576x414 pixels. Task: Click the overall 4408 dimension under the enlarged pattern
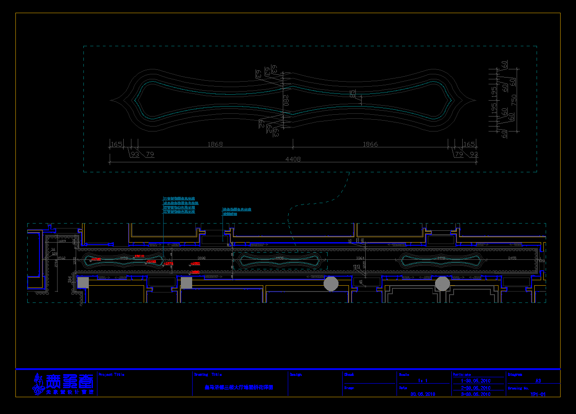point(293,159)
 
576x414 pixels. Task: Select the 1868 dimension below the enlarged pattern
point(215,144)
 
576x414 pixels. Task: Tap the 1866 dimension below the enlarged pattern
point(370,144)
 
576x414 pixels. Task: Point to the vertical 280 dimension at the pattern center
point(286,100)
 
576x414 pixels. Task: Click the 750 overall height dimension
point(514,100)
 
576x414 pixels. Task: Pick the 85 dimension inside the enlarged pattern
point(353,94)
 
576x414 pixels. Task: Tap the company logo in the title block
point(63,384)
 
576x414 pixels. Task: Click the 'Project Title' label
point(111,375)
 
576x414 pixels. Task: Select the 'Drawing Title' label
point(208,375)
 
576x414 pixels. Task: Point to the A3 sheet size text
point(538,381)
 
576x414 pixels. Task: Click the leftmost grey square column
point(83,282)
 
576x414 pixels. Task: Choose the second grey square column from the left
point(186,283)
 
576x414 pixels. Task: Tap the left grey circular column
point(331,284)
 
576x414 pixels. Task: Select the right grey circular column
point(442,284)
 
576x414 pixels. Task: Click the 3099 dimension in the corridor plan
point(202,258)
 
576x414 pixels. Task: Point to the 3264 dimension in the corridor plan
point(360,258)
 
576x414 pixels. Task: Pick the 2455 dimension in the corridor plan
point(512,258)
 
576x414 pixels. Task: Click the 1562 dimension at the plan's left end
point(62,258)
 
